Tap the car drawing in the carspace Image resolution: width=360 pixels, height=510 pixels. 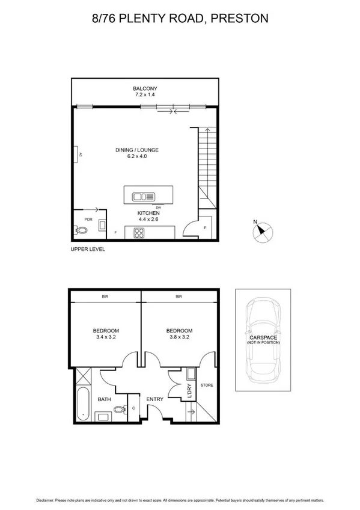pos(261,338)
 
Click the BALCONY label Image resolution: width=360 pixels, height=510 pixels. pos(145,88)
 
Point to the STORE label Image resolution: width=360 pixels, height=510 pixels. pos(206,386)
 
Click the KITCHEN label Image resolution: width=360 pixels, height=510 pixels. pos(148,214)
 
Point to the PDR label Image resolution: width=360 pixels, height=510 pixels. pos(88,220)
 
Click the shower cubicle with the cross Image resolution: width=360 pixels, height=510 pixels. pos(82,378)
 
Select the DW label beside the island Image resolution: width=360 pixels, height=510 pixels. pos(166,207)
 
